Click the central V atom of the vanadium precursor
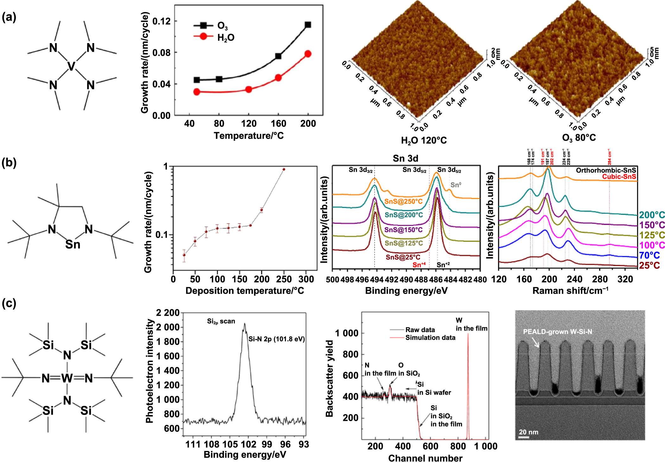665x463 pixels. [72, 66]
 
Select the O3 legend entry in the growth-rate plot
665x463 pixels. [222, 26]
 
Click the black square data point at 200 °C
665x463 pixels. [308, 25]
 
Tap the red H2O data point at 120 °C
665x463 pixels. [249, 89]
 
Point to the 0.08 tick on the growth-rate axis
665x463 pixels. [161, 52]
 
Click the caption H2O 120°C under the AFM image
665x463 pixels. [424, 140]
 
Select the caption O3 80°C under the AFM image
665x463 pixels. [579, 138]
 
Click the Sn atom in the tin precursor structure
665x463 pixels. [73, 244]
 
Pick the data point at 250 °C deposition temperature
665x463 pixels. [284, 170]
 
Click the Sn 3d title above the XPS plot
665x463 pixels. [405, 158]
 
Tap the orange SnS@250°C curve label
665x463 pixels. [403, 202]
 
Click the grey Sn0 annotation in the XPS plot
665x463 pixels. [456, 185]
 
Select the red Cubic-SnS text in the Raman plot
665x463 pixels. [619, 177]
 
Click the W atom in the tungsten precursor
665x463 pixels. [67, 378]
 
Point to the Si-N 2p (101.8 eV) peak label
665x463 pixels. [276, 339]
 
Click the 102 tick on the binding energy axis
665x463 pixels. [248, 444]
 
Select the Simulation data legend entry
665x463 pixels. [430, 338]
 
